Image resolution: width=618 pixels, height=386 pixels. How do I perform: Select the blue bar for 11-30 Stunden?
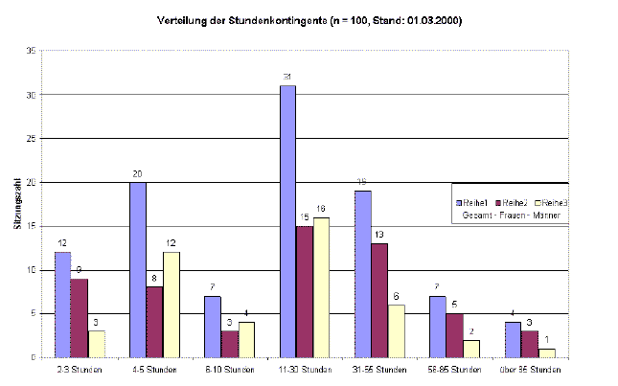coord(287,221)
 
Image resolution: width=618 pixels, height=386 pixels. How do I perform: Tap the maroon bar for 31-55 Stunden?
coord(379,300)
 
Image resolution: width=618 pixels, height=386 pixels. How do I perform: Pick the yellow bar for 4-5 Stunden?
coord(171,305)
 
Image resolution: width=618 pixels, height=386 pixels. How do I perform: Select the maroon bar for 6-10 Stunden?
coord(230,344)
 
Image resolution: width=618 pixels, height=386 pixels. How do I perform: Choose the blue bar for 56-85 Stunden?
coord(437,327)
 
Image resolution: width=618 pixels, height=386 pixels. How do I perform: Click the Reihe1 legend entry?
coord(475,202)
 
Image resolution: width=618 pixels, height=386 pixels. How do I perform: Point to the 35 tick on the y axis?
coord(32,52)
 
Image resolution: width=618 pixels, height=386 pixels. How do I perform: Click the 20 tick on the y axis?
coord(32,183)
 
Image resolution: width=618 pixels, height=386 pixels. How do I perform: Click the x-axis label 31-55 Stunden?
coord(380,370)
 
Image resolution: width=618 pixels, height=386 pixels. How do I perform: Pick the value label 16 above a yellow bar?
coord(320,209)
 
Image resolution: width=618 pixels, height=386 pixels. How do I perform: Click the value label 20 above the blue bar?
coord(138,173)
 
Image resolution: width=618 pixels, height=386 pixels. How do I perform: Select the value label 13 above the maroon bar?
coord(379,235)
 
